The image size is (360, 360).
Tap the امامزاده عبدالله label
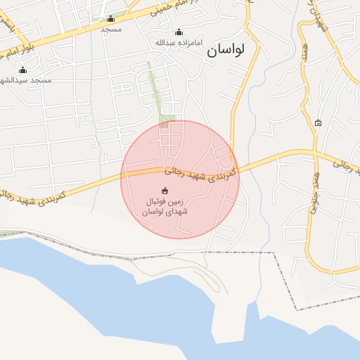click(x=179, y=43)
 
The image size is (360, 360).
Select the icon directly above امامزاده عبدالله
click(x=179, y=32)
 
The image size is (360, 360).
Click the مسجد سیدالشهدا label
click(x=26, y=80)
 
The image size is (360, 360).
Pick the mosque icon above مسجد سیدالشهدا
click(x=22, y=70)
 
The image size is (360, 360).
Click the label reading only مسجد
click(x=111, y=29)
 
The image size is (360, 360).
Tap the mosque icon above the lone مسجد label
click(x=110, y=19)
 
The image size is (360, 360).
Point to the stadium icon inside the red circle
click(x=165, y=191)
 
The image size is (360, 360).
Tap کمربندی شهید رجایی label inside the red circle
click(x=202, y=169)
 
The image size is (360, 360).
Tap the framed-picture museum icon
click(x=319, y=123)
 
